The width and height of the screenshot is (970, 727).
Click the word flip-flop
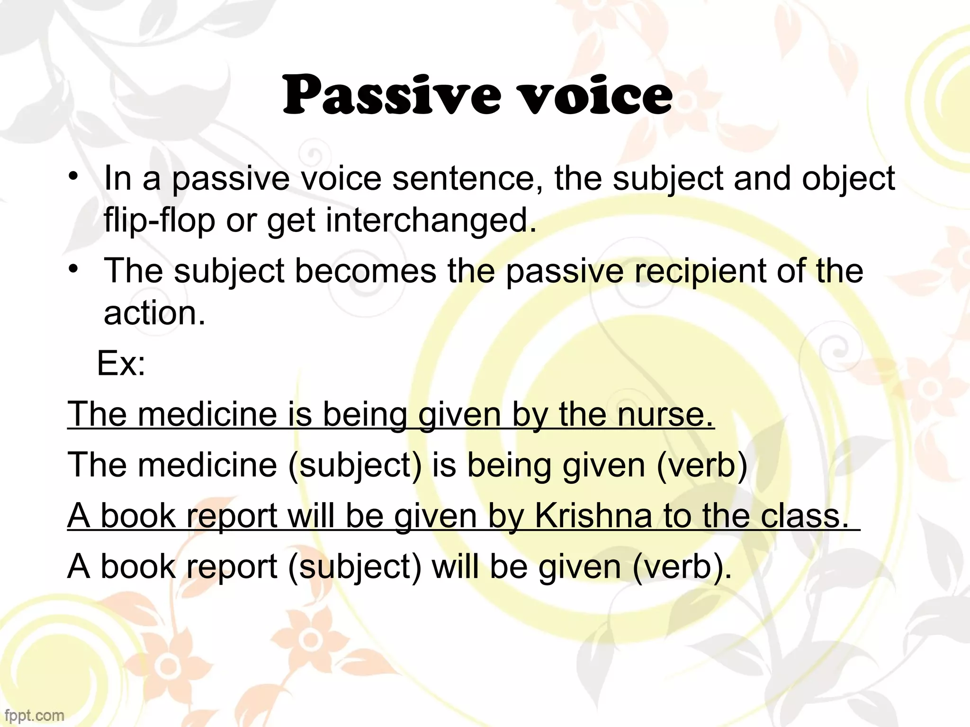(159, 221)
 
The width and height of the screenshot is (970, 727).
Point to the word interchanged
(431, 221)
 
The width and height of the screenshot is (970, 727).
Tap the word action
(154, 313)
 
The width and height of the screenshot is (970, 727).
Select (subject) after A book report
(355, 567)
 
